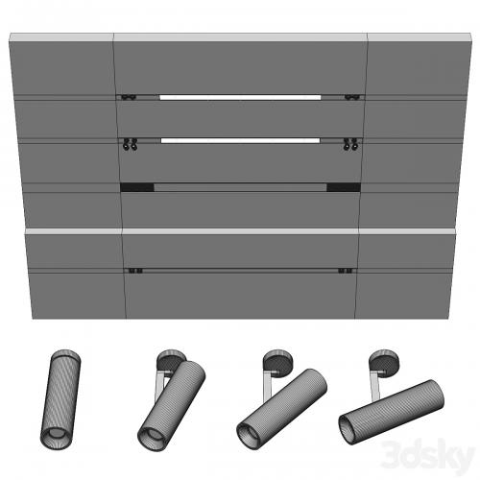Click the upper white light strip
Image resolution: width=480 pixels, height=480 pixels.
pos(240,97)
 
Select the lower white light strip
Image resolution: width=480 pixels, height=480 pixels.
pos(240,140)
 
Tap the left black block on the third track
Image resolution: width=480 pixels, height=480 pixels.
pos(137,187)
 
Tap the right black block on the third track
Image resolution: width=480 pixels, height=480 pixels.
pos(344,187)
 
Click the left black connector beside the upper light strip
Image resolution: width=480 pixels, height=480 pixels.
pos(129,97)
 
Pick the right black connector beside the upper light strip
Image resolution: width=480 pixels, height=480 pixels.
pos(352,97)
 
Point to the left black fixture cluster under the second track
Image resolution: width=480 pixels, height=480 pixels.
pos(131,144)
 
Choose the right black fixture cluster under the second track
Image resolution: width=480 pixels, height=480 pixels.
pos(350,144)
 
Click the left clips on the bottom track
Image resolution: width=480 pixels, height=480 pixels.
pos(135,271)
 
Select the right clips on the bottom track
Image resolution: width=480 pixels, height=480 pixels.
pos(346,271)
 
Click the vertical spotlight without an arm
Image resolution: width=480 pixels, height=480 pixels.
pos(60,399)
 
